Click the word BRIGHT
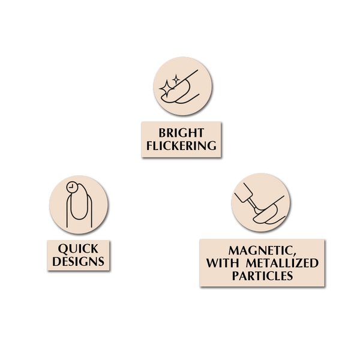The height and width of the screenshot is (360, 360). click(181, 133)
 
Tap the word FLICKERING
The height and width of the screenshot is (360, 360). click(181, 146)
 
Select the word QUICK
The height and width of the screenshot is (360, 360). click(78, 249)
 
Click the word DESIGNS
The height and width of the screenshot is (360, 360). click(78, 262)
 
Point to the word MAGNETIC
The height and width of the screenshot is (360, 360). click(260, 250)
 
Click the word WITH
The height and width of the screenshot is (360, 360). click(222, 263)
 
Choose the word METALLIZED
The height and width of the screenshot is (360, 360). click(282, 263)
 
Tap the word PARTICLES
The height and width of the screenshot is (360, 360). click(262, 276)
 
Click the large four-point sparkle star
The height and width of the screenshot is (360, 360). click(167, 89)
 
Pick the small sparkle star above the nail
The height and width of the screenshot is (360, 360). click(176, 79)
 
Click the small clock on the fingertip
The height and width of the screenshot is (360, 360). click(72, 187)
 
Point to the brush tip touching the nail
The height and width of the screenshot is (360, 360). click(256, 209)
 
